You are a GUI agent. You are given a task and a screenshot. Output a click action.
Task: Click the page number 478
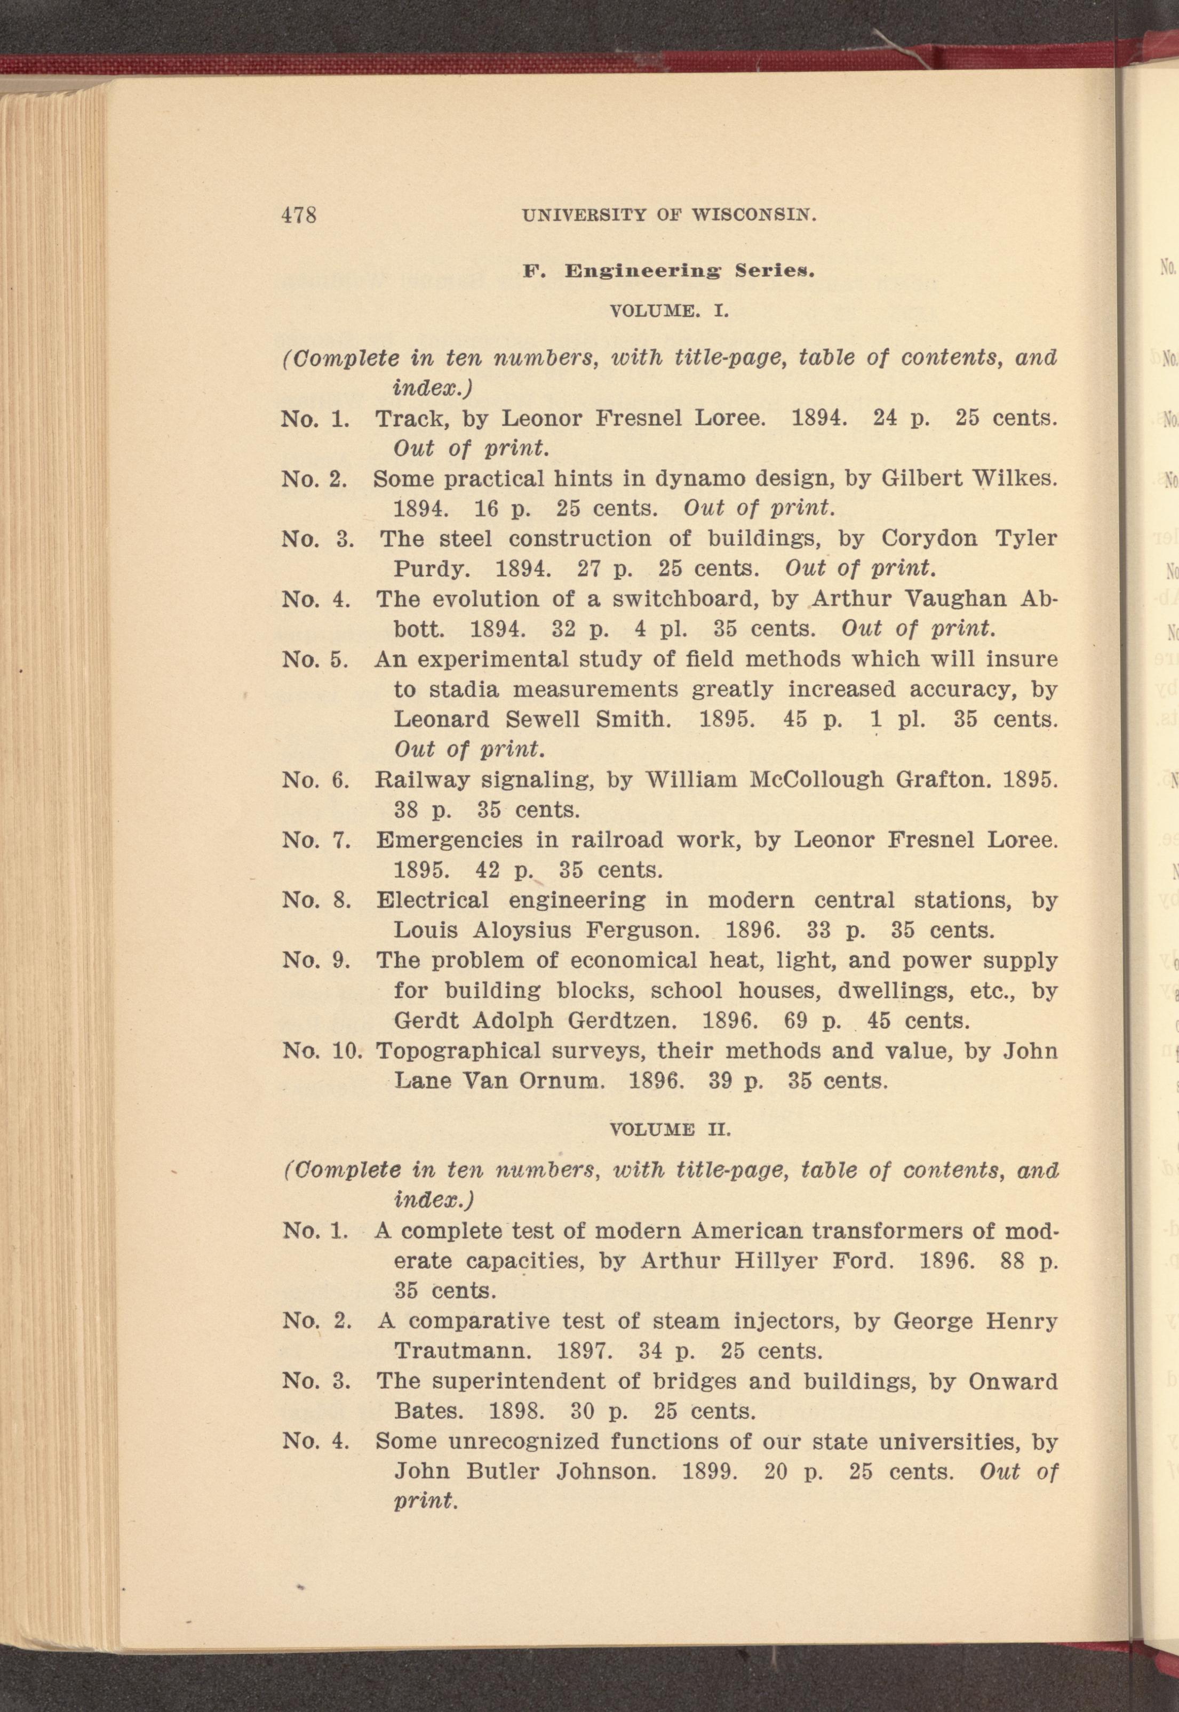tap(298, 215)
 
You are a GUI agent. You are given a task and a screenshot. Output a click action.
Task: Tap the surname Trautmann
tap(463, 1351)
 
